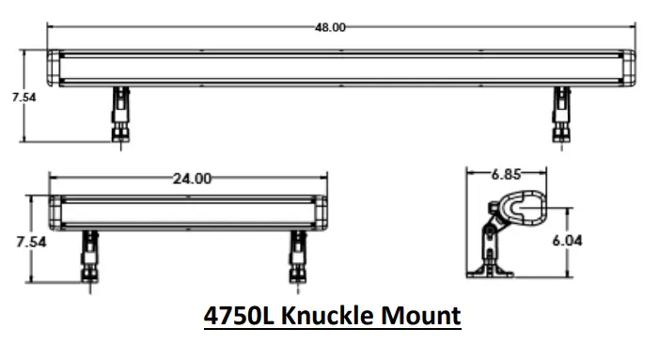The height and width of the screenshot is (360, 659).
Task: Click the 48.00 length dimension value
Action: (x=330, y=27)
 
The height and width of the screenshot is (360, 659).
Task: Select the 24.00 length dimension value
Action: (x=192, y=179)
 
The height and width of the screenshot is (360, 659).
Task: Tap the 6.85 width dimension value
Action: (x=506, y=174)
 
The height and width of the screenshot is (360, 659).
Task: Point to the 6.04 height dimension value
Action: (x=567, y=241)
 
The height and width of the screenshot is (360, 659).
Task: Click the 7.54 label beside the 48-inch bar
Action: (x=24, y=98)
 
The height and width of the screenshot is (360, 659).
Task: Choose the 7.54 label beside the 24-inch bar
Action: (x=31, y=242)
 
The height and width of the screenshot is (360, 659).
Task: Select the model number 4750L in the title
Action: (x=238, y=316)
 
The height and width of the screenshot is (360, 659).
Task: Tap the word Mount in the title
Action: (x=421, y=316)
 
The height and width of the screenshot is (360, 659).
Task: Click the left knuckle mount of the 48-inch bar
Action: (x=120, y=115)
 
